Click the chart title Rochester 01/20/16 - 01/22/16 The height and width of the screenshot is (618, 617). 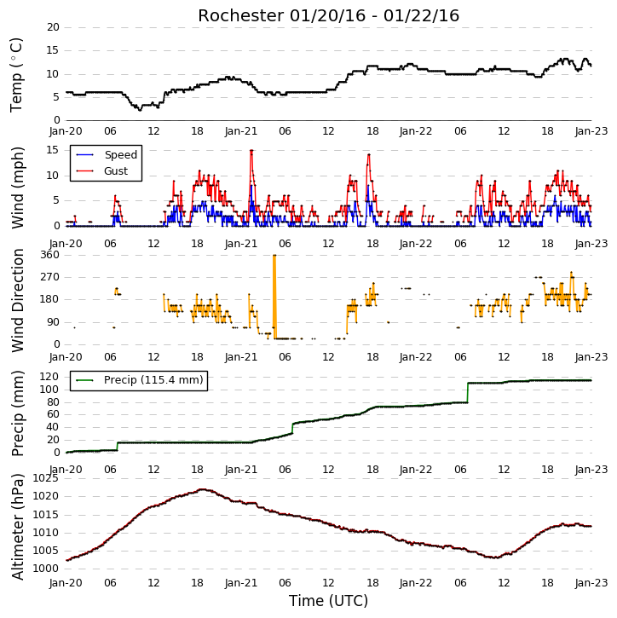click(328, 15)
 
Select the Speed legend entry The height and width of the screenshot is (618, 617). click(107, 155)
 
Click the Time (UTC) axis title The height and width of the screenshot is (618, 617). click(328, 601)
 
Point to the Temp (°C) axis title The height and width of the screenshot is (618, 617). click(16, 75)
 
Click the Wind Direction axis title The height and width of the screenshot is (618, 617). click(18, 300)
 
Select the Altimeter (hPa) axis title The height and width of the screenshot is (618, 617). click(17, 527)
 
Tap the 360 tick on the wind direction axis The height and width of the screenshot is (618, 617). click(49, 255)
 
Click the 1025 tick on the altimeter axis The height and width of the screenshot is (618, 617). click(45, 478)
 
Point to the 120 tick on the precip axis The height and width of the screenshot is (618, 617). click(49, 377)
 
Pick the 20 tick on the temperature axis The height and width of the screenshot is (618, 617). click(53, 27)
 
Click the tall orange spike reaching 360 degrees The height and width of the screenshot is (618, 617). click(274, 297)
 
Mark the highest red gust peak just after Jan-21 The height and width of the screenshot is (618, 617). click(251, 150)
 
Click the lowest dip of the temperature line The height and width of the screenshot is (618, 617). click(140, 110)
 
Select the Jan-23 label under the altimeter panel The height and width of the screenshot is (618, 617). click(591, 582)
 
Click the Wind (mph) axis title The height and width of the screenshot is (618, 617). click(18, 188)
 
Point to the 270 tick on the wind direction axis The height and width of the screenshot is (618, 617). click(49, 277)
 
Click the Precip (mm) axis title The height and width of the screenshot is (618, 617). click(18, 413)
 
